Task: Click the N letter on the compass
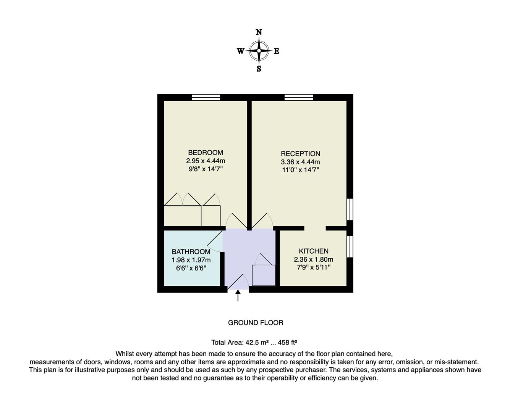pos(259,32)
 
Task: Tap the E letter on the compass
pos(277,51)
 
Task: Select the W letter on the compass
pos(240,51)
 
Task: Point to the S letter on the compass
pos(259,69)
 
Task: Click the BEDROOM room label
pos(206,153)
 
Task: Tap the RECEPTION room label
pos(300,154)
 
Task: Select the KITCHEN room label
pos(313,251)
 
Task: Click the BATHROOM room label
pos(191,252)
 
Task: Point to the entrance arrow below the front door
pos(238,296)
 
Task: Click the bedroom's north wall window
pos(206,98)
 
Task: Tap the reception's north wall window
pos(299,98)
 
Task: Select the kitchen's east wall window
pos(350,246)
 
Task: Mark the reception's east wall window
pos(350,209)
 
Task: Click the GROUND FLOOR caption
pos(256,323)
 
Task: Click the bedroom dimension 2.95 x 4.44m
pos(206,161)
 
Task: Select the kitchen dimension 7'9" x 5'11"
pos(313,267)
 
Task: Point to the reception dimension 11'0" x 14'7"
pos(300,170)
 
